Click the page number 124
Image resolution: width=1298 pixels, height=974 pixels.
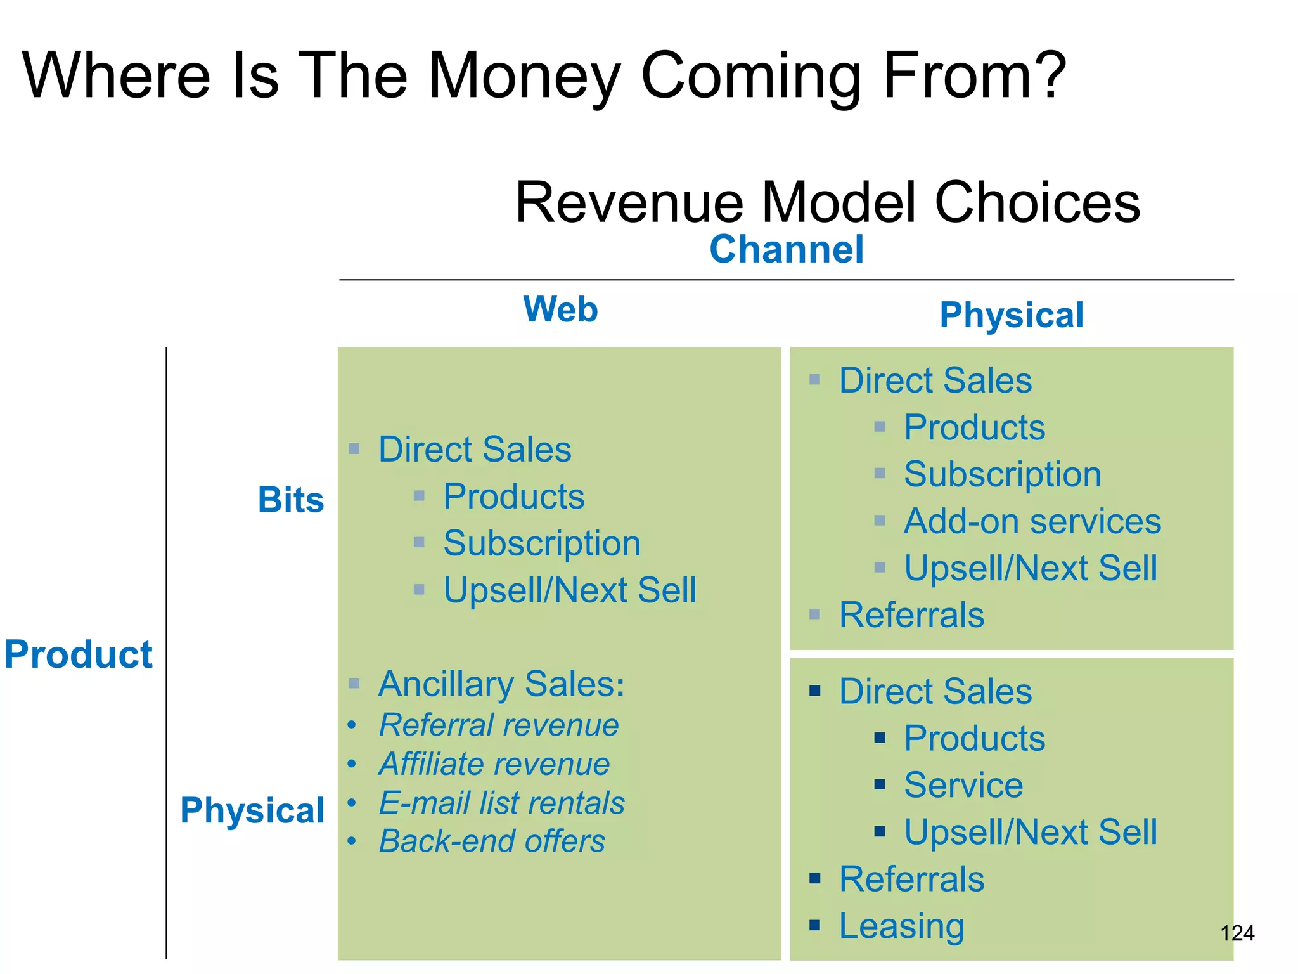pos(1237,933)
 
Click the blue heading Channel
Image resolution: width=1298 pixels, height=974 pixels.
pos(786,249)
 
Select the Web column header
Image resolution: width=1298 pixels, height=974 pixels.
pos(560,309)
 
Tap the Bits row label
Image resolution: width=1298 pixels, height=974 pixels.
pos(291,500)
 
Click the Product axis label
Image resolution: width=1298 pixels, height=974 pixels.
pos(79,654)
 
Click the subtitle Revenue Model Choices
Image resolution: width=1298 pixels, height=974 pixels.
pos(827,202)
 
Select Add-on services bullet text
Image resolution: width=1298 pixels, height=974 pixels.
pos(1032,521)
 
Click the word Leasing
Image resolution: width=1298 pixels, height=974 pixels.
pos(901,926)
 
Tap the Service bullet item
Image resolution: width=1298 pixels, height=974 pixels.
pos(963,785)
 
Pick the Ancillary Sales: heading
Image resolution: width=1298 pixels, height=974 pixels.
pos(501,684)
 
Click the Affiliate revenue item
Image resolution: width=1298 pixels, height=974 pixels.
pos(494,764)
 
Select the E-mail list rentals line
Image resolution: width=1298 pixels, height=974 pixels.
pos(501,803)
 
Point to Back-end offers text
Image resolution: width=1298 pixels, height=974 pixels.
pos(492,841)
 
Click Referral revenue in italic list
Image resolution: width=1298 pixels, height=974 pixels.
pos(498,725)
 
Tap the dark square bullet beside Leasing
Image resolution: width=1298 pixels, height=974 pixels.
pos(815,925)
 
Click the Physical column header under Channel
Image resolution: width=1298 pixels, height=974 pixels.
pos(1012,315)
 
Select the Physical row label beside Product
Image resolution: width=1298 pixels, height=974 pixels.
pos(252,810)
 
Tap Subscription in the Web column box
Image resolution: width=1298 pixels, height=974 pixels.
pos(542,543)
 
